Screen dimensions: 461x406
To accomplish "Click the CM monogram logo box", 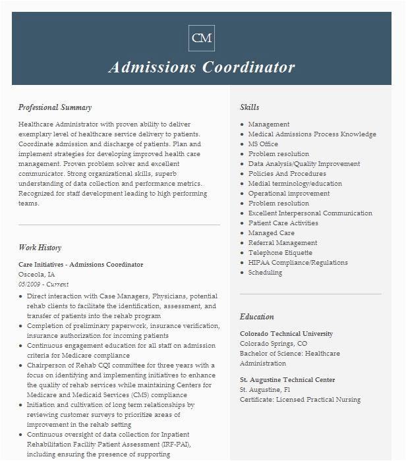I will pyautogui.click(x=202, y=38).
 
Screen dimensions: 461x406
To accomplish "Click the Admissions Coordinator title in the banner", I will pyautogui.click(x=202, y=67).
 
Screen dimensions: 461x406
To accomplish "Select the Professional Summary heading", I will pyautogui.click(x=55, y=107).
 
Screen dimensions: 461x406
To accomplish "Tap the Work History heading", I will pyautogui.click(x=40, y=248).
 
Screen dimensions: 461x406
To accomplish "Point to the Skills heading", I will pyautogui.click(x=249, y=107).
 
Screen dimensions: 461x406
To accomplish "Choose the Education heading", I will pyautogui.click(x=257, y=317).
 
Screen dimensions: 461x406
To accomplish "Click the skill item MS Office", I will pyautogui.click(x=263, y=144).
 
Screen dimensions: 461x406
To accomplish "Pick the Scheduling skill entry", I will pyautogui.click(x=265, y=272).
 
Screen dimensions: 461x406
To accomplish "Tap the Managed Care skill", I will pyautogui.click(x=271, y=232).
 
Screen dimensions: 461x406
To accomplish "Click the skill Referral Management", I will pyautogui.click(x=282, y=242).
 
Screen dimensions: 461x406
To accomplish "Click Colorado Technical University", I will pyautogui.click(x=286, y=334).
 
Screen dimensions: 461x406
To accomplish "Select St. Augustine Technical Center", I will pyautogui.click(x=287, y=380).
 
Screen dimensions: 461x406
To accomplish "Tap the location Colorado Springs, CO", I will pyautogui.click(x=273, y=344).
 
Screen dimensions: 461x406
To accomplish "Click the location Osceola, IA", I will pyautogui.click(x=37, y=275).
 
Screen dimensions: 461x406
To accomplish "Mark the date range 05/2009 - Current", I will pyautogui.click(x=43, y=285).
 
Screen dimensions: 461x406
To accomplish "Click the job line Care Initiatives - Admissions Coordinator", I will pyautogui.click(x=80, y=265).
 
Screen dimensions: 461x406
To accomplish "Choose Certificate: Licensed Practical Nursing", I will pyautogui.click(x=300, y=400).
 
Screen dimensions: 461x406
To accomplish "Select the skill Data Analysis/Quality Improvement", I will pyautogui.click(x=304, y=163).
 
